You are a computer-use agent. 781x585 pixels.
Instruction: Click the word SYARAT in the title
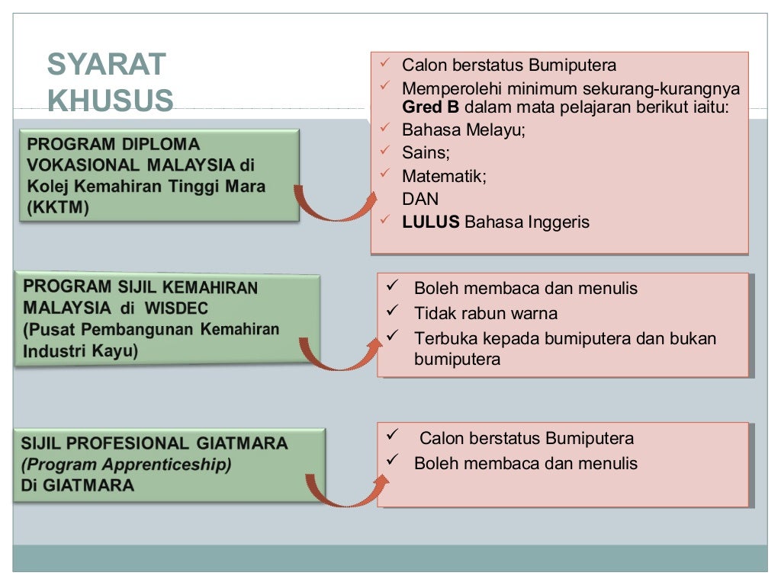pyautogui.click(x=106, y=65)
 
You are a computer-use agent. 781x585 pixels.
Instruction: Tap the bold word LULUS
pyautogui.click(x=431, y=222)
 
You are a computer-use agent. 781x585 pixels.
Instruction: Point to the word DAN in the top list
pyautogui.click(x=420, y=200)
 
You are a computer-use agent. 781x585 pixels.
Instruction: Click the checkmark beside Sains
pyautogui.click(x=385, y=150)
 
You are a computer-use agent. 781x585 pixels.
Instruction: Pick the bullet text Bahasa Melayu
pyautogui.click(x=464, y=129)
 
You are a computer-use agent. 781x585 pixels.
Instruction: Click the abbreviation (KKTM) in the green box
pyautogui.click(x=58, y=208)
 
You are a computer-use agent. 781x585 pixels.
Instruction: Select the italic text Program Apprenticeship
pyautogui.click(x=126, y=464)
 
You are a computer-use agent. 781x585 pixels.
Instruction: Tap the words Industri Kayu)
pyautogui.click(x=81, y=352)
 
